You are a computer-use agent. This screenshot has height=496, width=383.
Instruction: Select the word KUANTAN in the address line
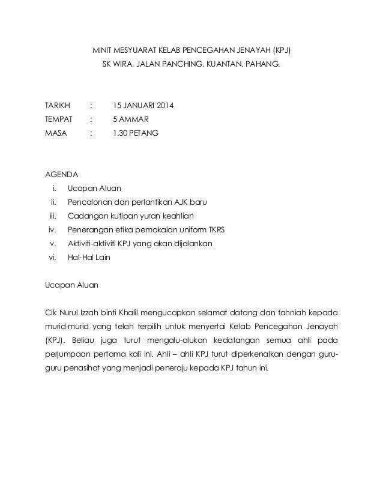click(223, 62)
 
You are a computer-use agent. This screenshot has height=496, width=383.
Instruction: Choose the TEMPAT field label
click(59, 119)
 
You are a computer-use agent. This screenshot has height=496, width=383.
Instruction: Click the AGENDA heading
click(61, 175)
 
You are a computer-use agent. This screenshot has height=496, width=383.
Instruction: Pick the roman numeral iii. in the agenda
click(52, 216)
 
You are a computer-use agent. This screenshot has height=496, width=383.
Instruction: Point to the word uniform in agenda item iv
click(187, 230)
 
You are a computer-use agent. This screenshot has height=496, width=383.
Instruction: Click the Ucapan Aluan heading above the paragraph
click(73, 285)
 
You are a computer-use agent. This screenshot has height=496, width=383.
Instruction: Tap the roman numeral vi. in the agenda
click(52, 258)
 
